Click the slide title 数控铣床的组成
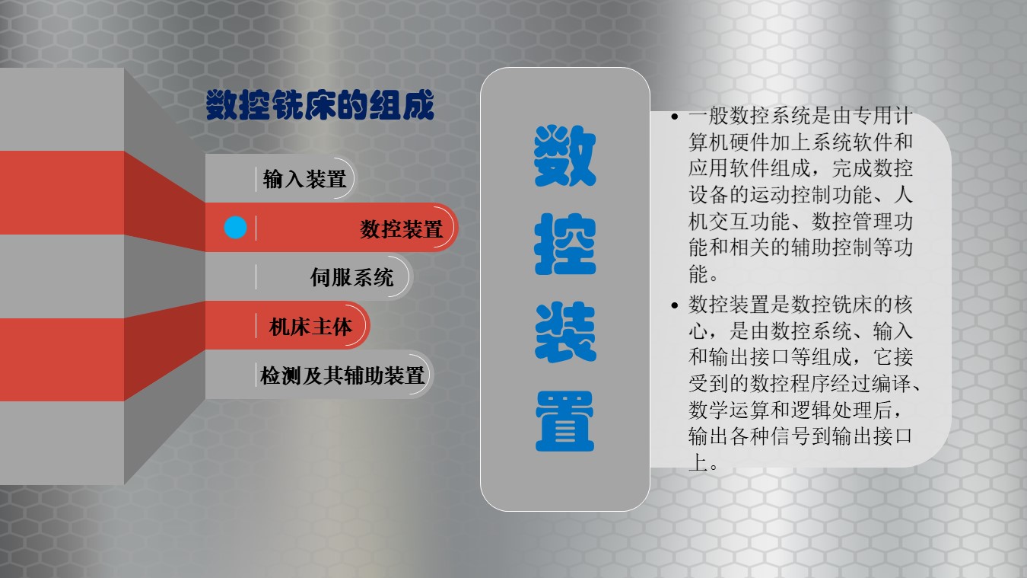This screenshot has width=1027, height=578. [x=320, y=105]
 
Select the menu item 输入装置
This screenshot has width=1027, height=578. [x=304, y=179]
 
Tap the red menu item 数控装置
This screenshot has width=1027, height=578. [x=401, y=228]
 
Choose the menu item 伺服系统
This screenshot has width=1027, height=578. [x=351, y=277]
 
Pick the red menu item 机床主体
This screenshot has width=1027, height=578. [x=310, y=327]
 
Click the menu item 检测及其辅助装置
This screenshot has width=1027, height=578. [x=342, y=375]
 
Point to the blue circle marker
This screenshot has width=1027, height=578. [x=235, y=227]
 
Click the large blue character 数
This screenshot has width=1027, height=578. [x=564, y=155]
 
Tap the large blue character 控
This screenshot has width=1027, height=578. [x=564, y=244]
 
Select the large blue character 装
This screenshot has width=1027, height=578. [x=564, y=332]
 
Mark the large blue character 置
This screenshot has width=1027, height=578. [x=564, y=421]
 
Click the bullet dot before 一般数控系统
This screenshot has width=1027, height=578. [x=675, y=117]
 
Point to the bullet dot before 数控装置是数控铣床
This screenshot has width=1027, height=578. [x=675, y=305]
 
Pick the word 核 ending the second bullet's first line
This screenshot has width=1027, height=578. [x=902, y=305]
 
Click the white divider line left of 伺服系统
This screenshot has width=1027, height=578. [x=256, y=277]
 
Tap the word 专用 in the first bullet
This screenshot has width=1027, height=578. [x=872, y=116]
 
